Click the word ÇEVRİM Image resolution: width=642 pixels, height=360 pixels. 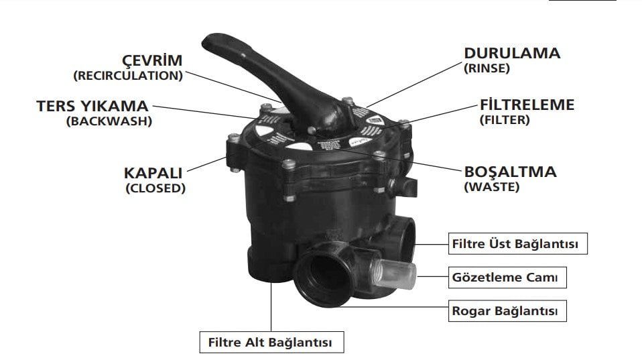point(152,60)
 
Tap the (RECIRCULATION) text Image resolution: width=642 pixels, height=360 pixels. point(128,76)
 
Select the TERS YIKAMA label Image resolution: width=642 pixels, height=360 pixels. point(92,106)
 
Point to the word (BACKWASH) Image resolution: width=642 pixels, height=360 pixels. point(109,121)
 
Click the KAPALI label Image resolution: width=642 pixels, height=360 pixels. point(153,173)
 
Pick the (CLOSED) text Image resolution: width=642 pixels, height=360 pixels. point(155,188)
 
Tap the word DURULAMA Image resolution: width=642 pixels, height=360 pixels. point(512,53)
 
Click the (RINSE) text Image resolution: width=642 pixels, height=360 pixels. point(487,68)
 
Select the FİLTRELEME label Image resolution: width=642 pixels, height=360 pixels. point(527,105)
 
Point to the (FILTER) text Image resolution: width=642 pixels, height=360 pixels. point(505,120)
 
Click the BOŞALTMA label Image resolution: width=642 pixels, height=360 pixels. point(510,172)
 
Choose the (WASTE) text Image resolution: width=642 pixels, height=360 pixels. point(492,187)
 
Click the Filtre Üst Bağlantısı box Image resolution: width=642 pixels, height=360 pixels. point(518,243)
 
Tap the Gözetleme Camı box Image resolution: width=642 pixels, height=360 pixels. point(508,278)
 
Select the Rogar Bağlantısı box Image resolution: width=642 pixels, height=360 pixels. point(508,311)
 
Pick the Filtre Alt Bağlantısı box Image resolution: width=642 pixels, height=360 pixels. point(272,342)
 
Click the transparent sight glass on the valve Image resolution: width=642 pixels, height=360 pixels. point(395,273)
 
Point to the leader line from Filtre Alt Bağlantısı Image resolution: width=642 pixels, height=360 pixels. point(271,306)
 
